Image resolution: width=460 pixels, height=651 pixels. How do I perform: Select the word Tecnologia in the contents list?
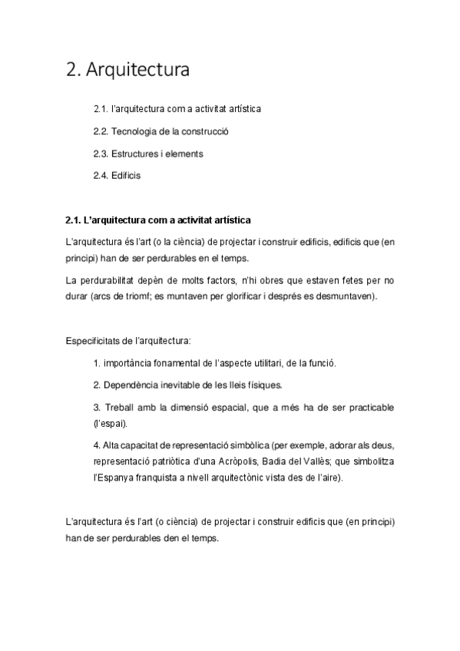coord(133,131)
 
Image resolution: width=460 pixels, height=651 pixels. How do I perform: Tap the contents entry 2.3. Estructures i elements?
coord(147,154)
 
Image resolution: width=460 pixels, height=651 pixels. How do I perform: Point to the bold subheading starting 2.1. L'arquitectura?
coord(158,221)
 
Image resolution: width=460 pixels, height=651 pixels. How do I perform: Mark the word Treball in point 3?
coord(118,407)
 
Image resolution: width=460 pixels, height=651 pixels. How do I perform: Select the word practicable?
coord(370,407)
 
